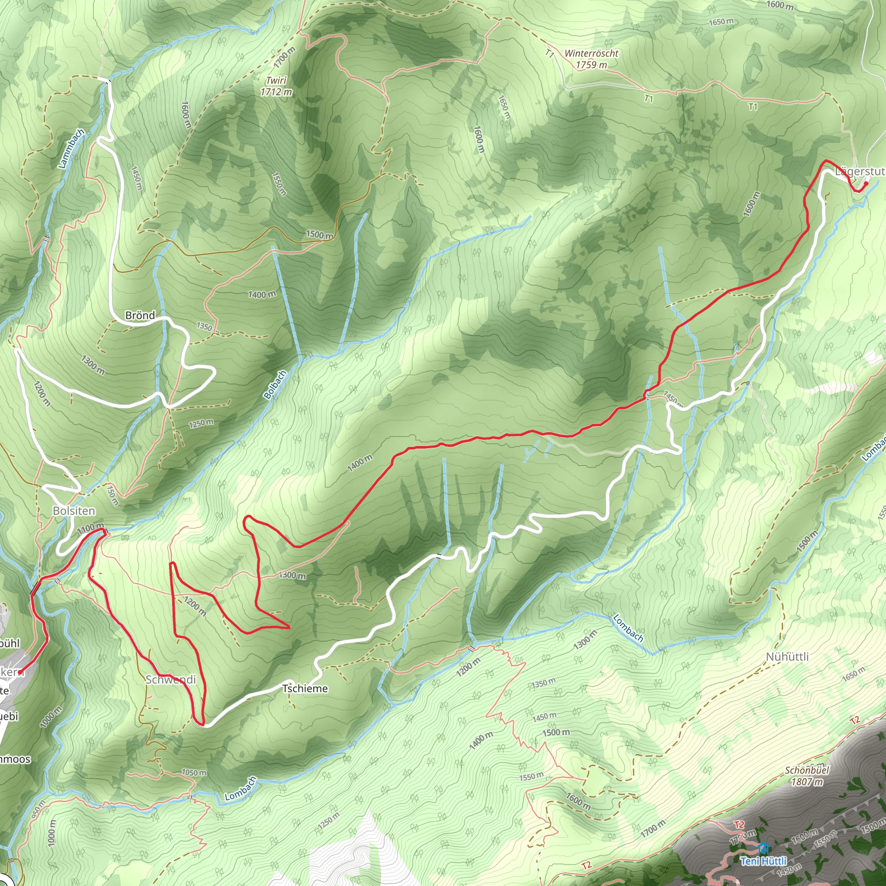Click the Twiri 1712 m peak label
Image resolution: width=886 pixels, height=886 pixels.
[x=276, y=86]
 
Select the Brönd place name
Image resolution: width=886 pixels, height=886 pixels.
[x=140, y=315]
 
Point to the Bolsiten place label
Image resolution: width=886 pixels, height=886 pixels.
[x=74, y=511]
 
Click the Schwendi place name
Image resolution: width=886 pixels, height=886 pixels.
[x=170, y=680]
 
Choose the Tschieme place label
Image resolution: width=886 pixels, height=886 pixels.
[x=305, y=688]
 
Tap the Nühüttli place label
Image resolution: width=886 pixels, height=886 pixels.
[x=787, y=657]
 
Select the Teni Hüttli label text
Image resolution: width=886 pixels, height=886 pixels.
[x=764, y=861]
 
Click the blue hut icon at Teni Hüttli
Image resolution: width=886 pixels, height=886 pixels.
[x=763, y=848]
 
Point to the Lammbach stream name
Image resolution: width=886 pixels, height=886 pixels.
[x=71, y=148]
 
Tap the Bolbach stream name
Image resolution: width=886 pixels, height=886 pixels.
[x=275, y=385]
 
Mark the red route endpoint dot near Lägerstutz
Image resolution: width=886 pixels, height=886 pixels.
[x=866, y=184]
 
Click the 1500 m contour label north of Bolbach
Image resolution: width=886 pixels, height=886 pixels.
[x=319, y=235]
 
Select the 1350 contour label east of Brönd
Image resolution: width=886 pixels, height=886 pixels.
[x=205, y=327]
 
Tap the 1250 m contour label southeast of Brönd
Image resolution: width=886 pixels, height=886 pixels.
[x=201, y=423]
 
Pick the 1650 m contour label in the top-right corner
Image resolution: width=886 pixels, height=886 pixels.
[x=721, y=22]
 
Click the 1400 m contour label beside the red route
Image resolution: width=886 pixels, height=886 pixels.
[x=360, y=464]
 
